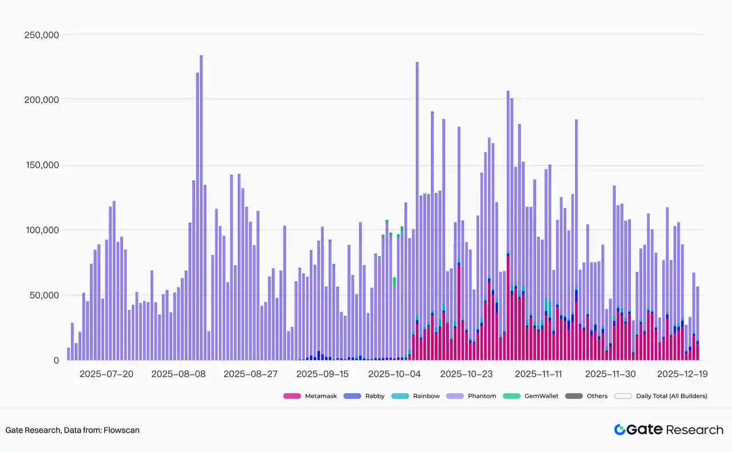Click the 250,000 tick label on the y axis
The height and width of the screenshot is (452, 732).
pos(42,35)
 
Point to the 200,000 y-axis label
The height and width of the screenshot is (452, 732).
pos(42,99)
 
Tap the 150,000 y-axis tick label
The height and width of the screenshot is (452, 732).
pos(42,165)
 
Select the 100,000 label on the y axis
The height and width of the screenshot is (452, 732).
pos(42,230)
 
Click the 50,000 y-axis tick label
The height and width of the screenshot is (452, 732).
pos(44,295)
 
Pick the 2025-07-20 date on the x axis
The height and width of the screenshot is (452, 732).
pos(106,374)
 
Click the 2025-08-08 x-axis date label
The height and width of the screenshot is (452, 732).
pos(178,374)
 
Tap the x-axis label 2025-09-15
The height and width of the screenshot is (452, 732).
pos(323,374)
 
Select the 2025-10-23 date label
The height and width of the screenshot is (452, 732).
pos(467,374)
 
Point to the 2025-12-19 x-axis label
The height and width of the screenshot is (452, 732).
pos(682,374)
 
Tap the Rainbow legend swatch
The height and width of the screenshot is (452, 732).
pos(402,396)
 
